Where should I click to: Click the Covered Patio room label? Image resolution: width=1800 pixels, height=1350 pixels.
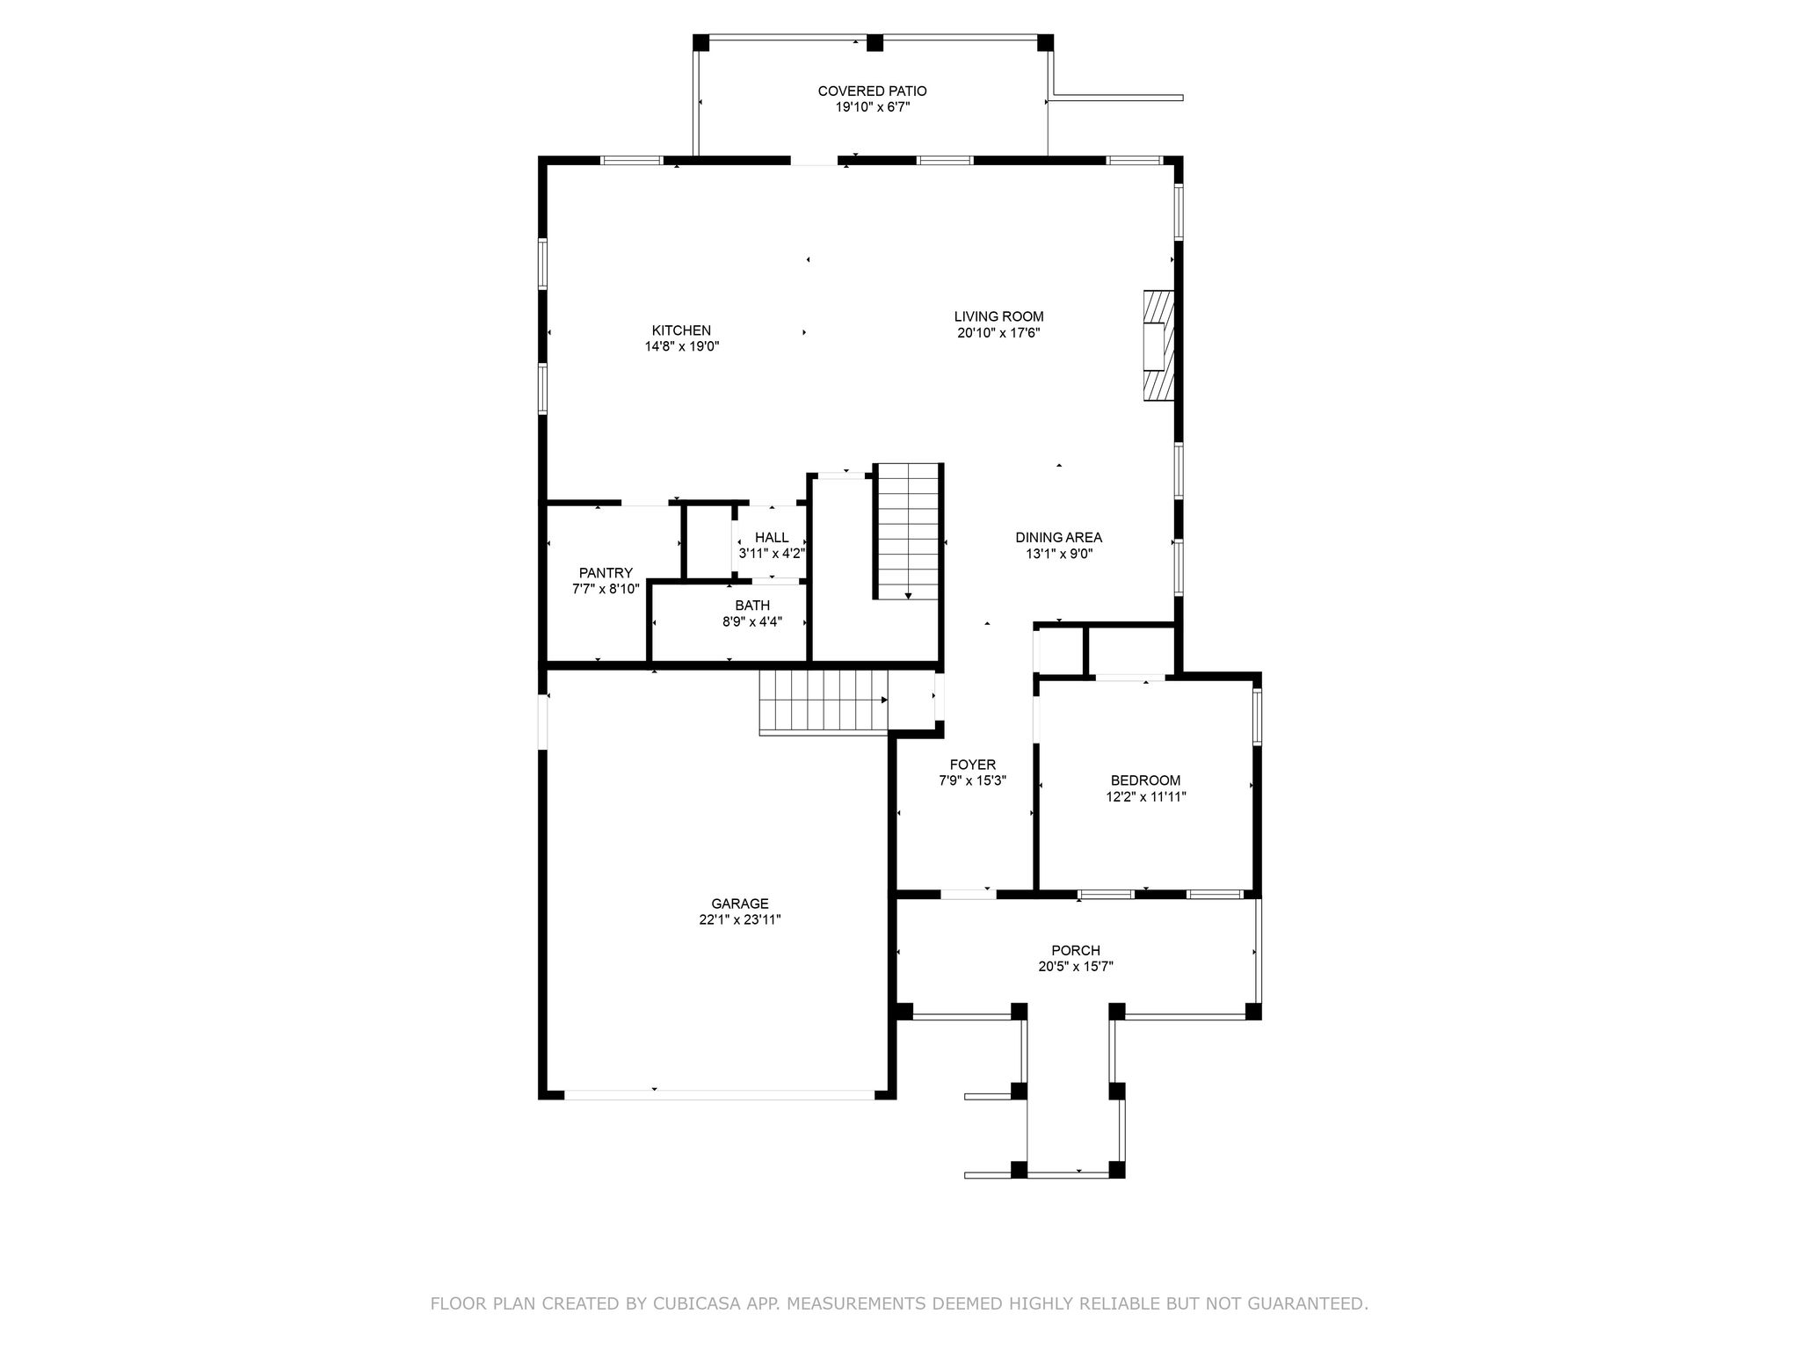pos(872,91)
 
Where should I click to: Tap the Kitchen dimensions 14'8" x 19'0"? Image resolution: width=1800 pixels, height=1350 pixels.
pos(682,346)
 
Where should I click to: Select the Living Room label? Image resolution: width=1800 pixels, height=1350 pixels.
pos(999,316)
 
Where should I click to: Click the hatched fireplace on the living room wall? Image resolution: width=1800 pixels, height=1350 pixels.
pos(1158,345)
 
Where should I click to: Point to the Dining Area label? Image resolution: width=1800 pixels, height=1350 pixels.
pos(1058,538)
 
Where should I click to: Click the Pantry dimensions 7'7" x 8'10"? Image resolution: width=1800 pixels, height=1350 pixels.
pos(606,589)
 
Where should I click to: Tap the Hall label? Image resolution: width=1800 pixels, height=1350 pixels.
pos(772,538)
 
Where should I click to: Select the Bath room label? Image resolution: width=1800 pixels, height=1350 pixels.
pos(752,606)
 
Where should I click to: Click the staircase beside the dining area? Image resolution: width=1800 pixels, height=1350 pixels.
pos(908,532)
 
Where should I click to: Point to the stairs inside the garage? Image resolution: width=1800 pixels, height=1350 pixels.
pos(824,700)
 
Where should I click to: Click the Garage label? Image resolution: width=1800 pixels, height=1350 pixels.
pos(740,904)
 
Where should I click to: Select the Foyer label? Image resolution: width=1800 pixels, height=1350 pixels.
pos(972,765)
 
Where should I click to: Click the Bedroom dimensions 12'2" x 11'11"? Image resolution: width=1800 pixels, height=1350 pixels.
pos(1146,797)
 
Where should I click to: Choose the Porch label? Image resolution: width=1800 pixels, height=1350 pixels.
pos(1076,950)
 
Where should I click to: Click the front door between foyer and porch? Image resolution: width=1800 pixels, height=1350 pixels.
pos(968,894)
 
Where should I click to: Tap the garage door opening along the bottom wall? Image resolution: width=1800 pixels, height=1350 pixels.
pos(719,1094)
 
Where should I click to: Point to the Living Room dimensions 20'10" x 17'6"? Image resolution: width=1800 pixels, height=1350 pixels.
pos(999,333)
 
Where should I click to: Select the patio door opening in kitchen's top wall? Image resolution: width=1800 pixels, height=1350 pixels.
pos(814,161)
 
